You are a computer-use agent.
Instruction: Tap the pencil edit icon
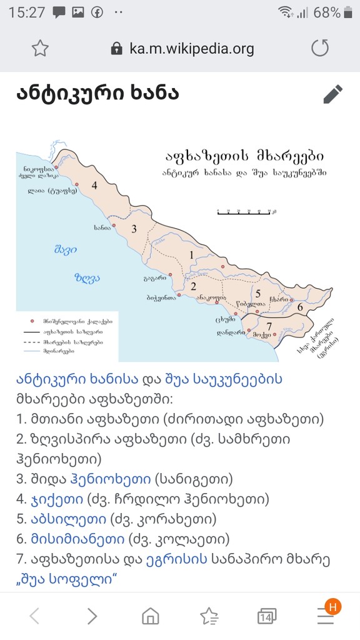[332, 94]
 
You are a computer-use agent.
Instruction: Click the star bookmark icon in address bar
[40, 48]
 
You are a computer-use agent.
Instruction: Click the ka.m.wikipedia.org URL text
[191, 49]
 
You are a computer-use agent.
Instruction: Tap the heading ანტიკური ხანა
[97, 93]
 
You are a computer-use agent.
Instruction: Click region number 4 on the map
[94, 185]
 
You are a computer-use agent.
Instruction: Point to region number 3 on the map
[133, 229]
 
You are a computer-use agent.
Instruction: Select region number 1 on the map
[191, 254]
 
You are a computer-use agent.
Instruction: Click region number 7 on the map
[269, 326]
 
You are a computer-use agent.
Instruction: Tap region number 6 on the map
[300, 307]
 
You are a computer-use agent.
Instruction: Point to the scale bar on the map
[244, 212]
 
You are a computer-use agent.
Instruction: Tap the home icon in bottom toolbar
[151, 616]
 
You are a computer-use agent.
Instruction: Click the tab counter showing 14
[266, 617]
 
